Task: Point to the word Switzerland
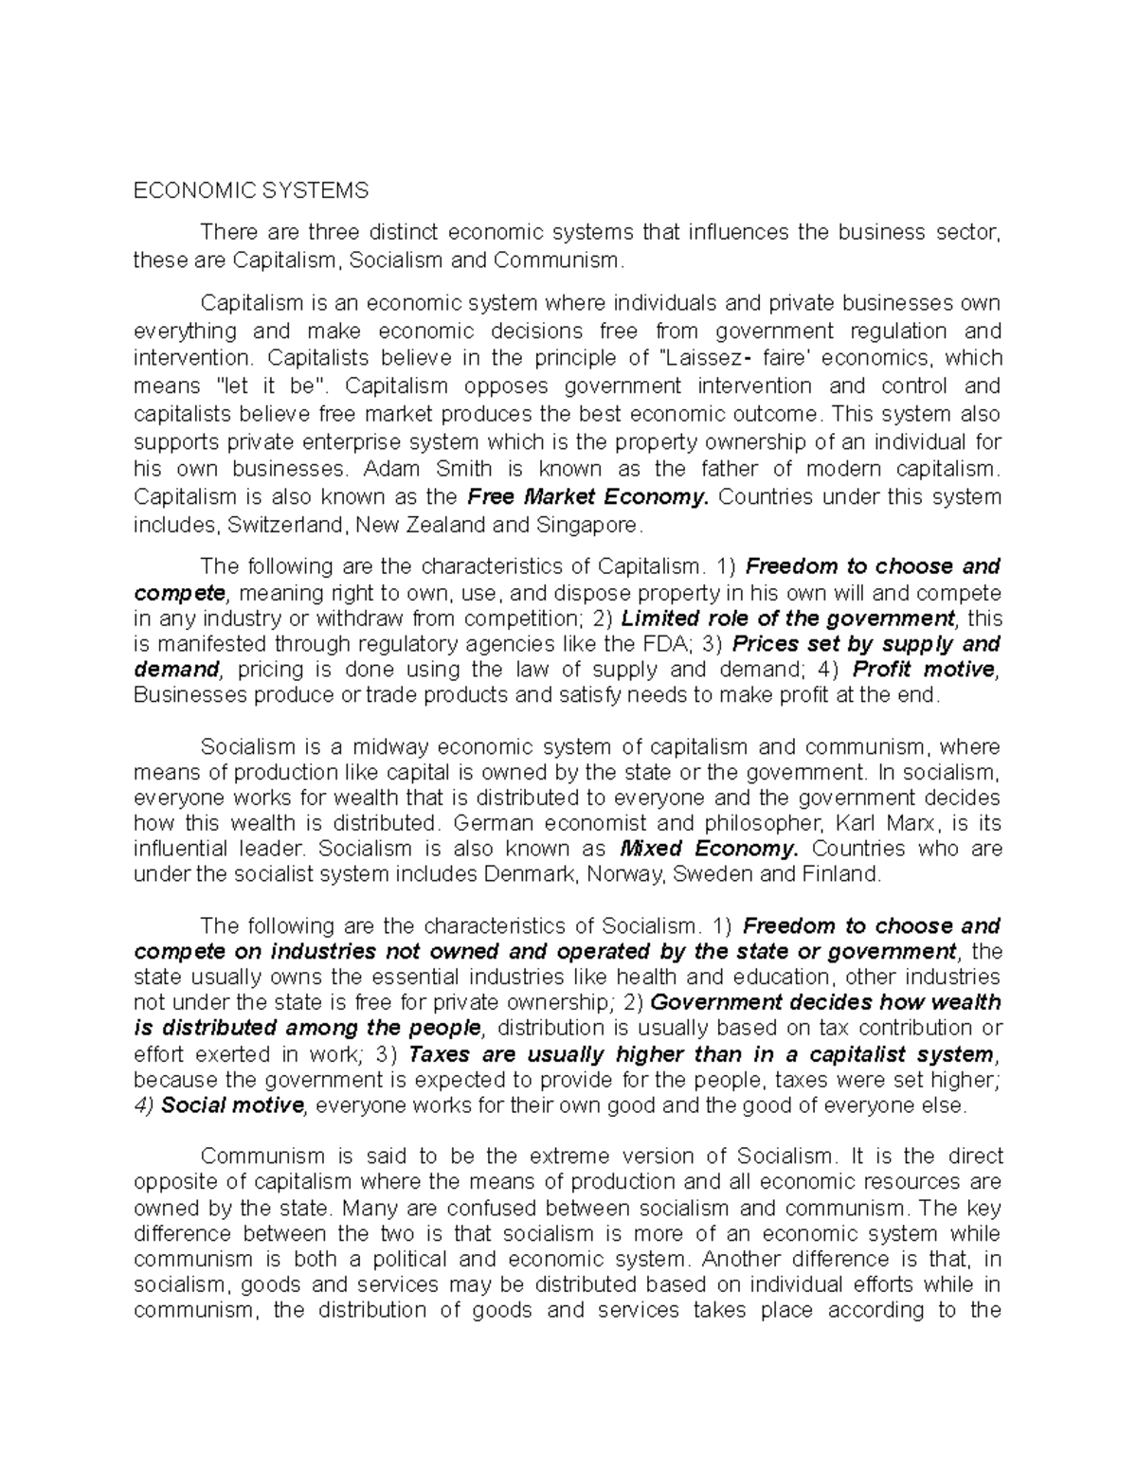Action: click(x=280, y=525)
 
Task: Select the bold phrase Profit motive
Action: click(x=926, y=671)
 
